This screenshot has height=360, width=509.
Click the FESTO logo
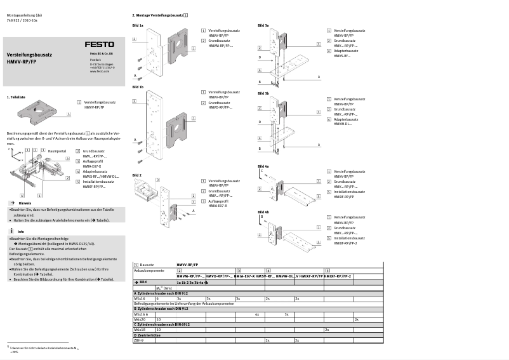[100, 44]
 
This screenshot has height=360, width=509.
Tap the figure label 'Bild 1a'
[138, 25]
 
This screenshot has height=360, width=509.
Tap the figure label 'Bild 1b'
[138, 86]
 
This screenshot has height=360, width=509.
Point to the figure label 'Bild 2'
[137, 175]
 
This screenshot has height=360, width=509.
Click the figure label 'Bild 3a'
[263, 25]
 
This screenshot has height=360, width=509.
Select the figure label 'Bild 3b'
[263, 93]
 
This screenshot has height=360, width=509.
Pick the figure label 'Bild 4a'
[263, 166]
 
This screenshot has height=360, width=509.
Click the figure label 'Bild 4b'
[263, 211]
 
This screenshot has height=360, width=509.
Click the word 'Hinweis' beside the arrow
[25, 203]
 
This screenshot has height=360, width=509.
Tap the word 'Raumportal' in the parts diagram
[57, 152]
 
